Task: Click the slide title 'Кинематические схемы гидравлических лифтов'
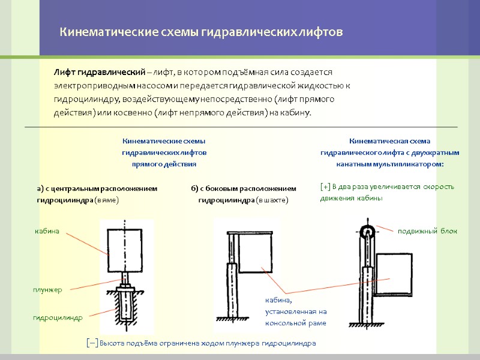200,32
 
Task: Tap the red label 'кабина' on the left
47,231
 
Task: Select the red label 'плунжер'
47,290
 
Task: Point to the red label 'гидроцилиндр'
58,317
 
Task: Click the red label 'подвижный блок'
427,231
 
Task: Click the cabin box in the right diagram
395,265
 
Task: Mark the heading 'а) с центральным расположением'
97,188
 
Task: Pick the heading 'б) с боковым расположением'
244,188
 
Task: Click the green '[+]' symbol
325,187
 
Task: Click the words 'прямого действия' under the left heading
164,163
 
